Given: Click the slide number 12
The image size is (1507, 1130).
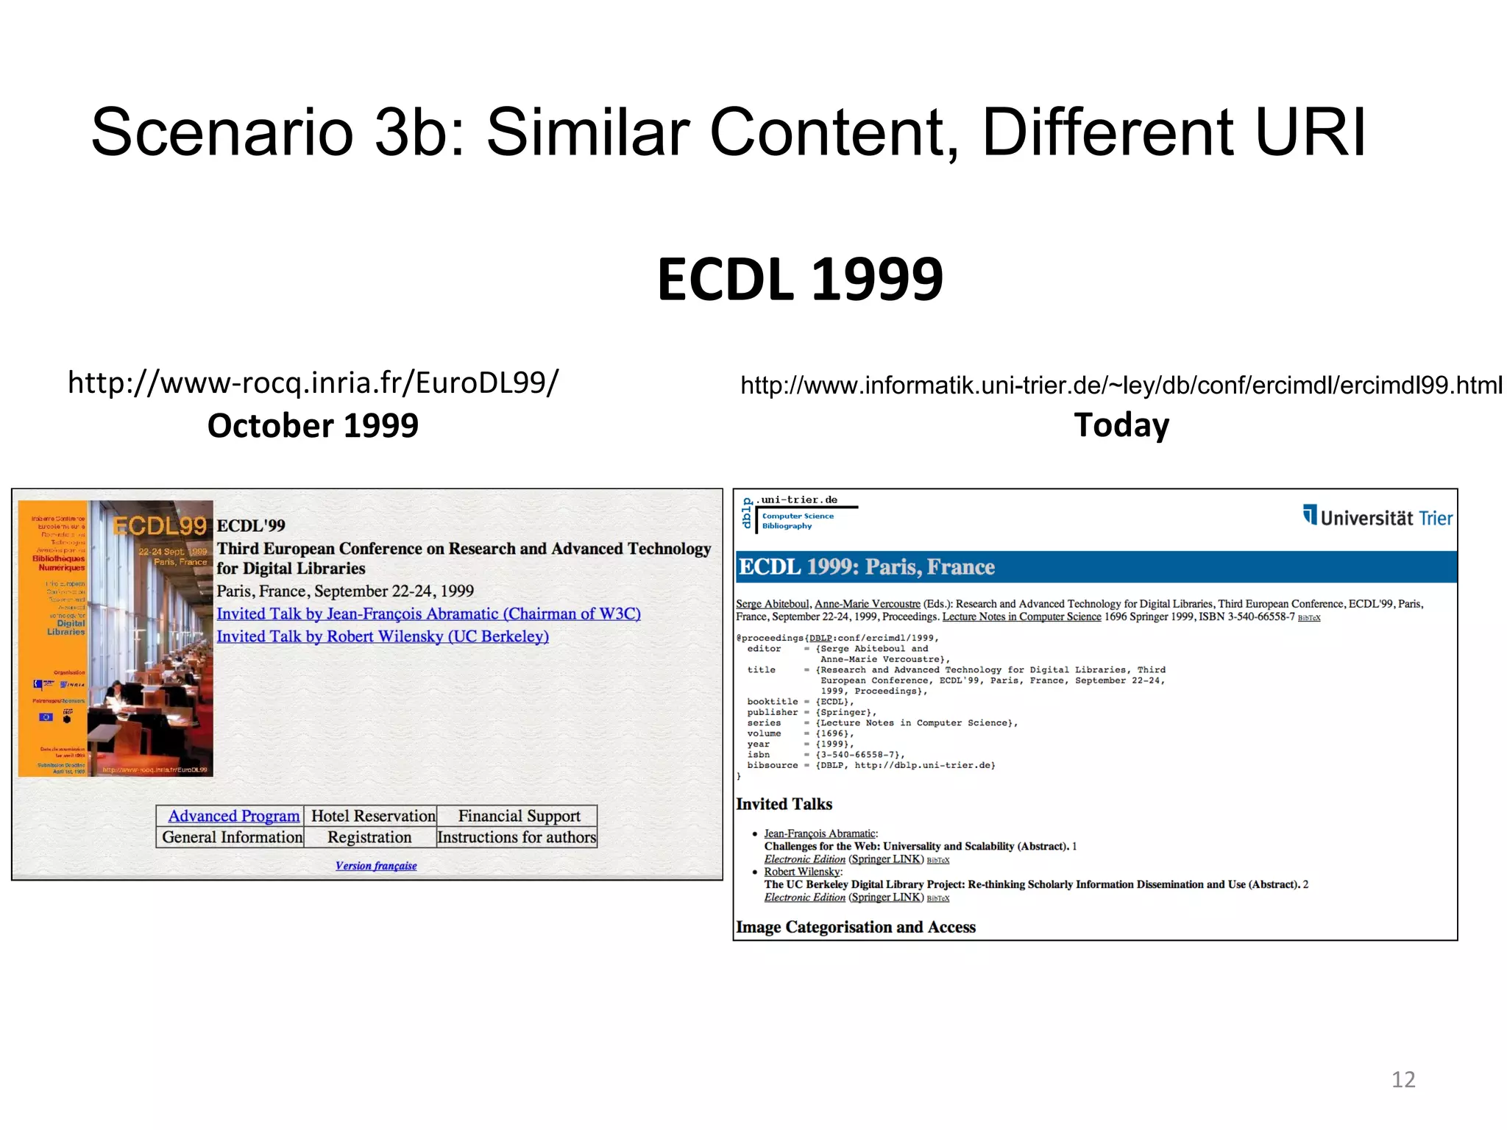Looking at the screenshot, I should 1403,1079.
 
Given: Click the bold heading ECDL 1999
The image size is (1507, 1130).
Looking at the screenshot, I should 800,280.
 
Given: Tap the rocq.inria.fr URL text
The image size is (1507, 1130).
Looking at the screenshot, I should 313,383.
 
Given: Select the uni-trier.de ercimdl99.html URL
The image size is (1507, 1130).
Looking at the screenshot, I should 1121,385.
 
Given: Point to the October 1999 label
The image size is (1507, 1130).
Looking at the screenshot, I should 313,425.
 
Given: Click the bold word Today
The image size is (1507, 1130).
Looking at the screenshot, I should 1121,425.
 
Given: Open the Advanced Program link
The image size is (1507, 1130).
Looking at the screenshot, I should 233,816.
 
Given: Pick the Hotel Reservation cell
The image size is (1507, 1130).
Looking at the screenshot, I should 372,816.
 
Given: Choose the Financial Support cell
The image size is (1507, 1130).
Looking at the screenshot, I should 519,816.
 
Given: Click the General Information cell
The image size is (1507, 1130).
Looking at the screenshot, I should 232,837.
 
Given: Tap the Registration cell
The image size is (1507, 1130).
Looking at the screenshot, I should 369,837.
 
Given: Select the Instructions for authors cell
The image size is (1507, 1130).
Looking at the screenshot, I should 517,837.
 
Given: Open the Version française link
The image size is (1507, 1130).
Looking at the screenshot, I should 376,866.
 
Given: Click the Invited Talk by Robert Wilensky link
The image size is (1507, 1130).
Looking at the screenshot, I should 383,636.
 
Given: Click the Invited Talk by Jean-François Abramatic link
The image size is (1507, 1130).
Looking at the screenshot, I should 428,614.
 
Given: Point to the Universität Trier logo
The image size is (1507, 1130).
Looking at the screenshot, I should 1377,517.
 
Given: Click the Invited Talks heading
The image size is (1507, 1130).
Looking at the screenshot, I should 784,804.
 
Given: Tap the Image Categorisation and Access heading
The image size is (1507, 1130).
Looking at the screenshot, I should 856,927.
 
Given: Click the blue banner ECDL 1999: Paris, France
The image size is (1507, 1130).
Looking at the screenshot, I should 866,567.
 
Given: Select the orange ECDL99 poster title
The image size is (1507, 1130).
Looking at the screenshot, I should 160,526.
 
